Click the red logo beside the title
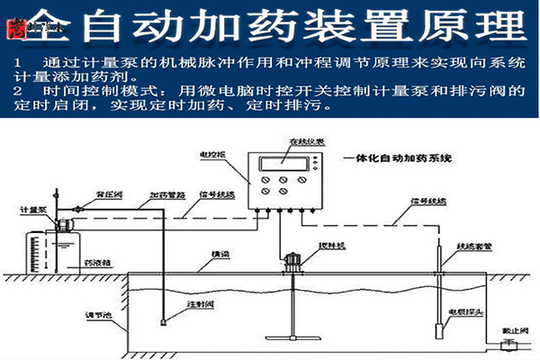click(x=13, y=31)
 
